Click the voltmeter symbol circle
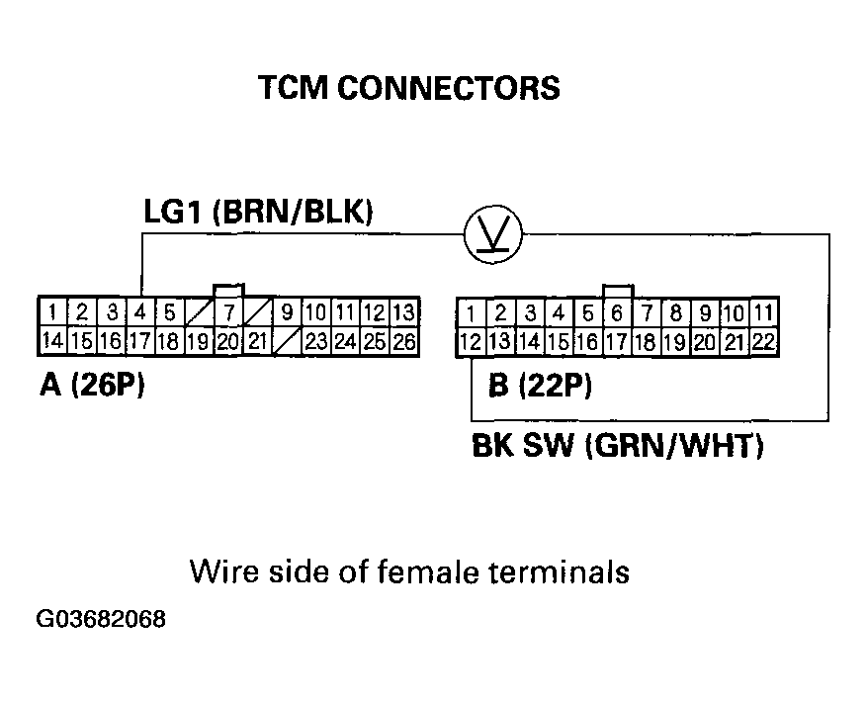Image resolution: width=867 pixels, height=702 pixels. pos(493,235)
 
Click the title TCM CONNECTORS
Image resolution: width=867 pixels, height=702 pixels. pos(408,88)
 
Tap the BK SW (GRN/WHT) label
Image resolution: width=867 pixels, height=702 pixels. pos(617,448)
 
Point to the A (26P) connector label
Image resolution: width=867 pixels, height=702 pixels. pos(92,385)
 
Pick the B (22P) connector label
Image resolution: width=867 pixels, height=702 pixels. pos(540,385)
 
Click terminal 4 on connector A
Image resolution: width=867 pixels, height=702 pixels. pos(141,313)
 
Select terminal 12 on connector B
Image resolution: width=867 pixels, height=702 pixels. pos(471,343)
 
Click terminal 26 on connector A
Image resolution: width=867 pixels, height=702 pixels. pos(402,342)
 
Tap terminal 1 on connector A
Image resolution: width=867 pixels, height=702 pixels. pos(50,313)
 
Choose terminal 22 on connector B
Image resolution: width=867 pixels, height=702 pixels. pos(762,343)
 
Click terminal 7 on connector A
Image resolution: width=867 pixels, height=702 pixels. pos(228,313)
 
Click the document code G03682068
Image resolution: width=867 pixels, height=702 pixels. pos(102,620)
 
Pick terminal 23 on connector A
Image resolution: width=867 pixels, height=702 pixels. pos(317,342)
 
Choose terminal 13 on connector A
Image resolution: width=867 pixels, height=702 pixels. pos(402,313)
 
